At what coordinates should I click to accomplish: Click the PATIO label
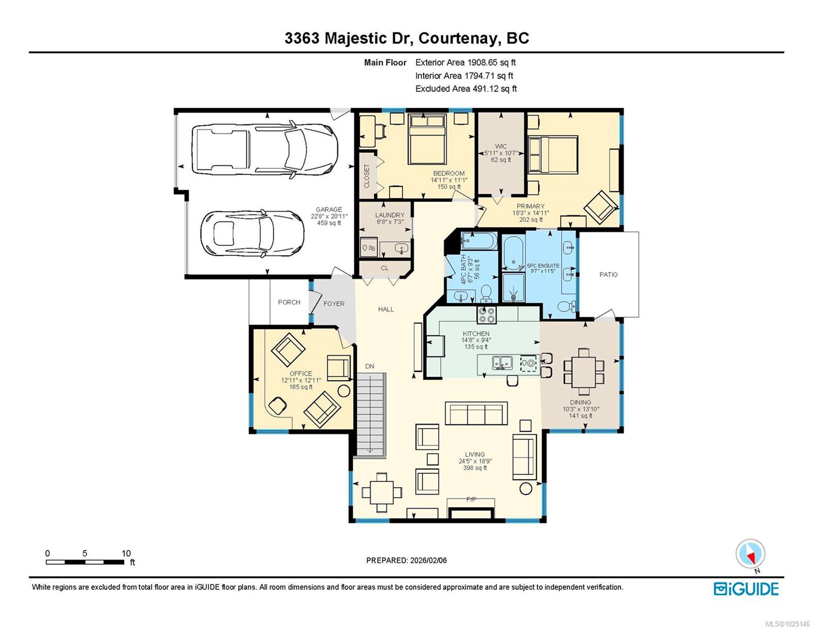pyautogui.click(x=608, y=275)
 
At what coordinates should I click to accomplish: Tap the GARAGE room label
pyautogui.click(x=328, y=209)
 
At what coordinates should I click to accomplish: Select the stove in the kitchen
pyautogui.click(x=486, y=315)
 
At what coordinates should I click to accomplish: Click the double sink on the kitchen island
pyautogui.click(x=502, y=363)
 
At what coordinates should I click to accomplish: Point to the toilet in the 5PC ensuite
pyautogui.click(x=566, y=307)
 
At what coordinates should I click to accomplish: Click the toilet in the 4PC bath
pyautogui.click(x=486, y=294)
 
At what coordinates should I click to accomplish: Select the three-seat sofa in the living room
pyautogui.click(x=476, y=413)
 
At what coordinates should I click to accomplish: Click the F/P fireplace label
pyautogui.click(x=471, y=499)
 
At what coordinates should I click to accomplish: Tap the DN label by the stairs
pyautogui.click(x=370, y=366)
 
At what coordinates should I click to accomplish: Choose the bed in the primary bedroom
pyautogui.click(x=553, y=155)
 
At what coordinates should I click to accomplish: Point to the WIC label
pyautogui.click(x=500, y=146)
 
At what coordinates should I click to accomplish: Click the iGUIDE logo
pyautogui.click(x=746, y=589)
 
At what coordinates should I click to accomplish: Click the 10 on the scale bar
pyautogui.click(x=126, y=553)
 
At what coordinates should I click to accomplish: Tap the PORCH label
pyautogui.click(x=289, y=302)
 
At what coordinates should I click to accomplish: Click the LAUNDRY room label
pyautogui.click(x=389, y=215)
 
